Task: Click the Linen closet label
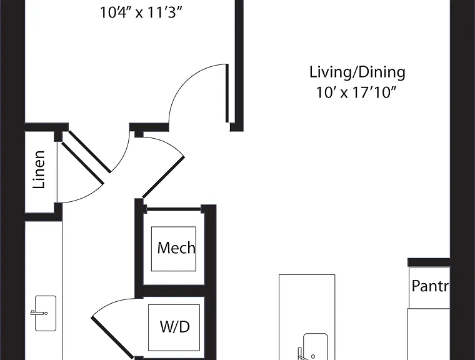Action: coord(39,169)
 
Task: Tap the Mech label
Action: coord(176,248)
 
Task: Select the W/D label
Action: coord(175,327)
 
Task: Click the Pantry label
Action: coord(431,286)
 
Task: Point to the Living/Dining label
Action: coord(357,72)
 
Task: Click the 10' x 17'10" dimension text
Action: coord(356,92)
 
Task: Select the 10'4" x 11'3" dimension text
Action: coord(141,12)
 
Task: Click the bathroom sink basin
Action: coord(46,313)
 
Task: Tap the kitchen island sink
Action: coord(315,346)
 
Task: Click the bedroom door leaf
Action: coord(227,93)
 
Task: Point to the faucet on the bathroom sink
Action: coord(37,313)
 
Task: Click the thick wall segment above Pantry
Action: coord(429,262)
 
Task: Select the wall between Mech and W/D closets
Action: coord(174,291)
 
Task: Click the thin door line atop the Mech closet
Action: coord(174,209)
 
